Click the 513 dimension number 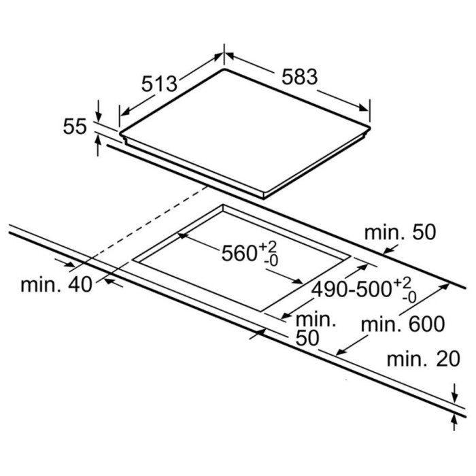pyautogui.click(x=159, y=84)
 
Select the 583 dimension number pyautogui.click(x=299, y=76)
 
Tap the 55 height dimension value pyautogui.click(x=75, y=126)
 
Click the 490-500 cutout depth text pyautogui.click(x=352, y=289)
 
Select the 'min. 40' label pyautogui.click(x=56, y=285)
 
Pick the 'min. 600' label pyautogui.click(x=403, y=324)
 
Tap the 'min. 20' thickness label pyautogui.click(x=424, y=359)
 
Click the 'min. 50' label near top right pyautogui.click(x=400, y=233)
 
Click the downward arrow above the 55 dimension pyautogui.click(x=99, y=110)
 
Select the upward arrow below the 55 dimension pyautogui.click(x=98, y=146)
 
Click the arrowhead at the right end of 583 pyautogui.click(x=364, y=108)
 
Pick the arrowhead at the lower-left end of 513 pyautogui.click(x=125, y=112)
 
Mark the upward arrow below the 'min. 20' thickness pyautogui.click(x=454, y=422)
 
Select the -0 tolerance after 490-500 pyautogui.click(x=409, y=298)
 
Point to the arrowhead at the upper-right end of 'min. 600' pyautogui.click(x=444, y=286)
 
